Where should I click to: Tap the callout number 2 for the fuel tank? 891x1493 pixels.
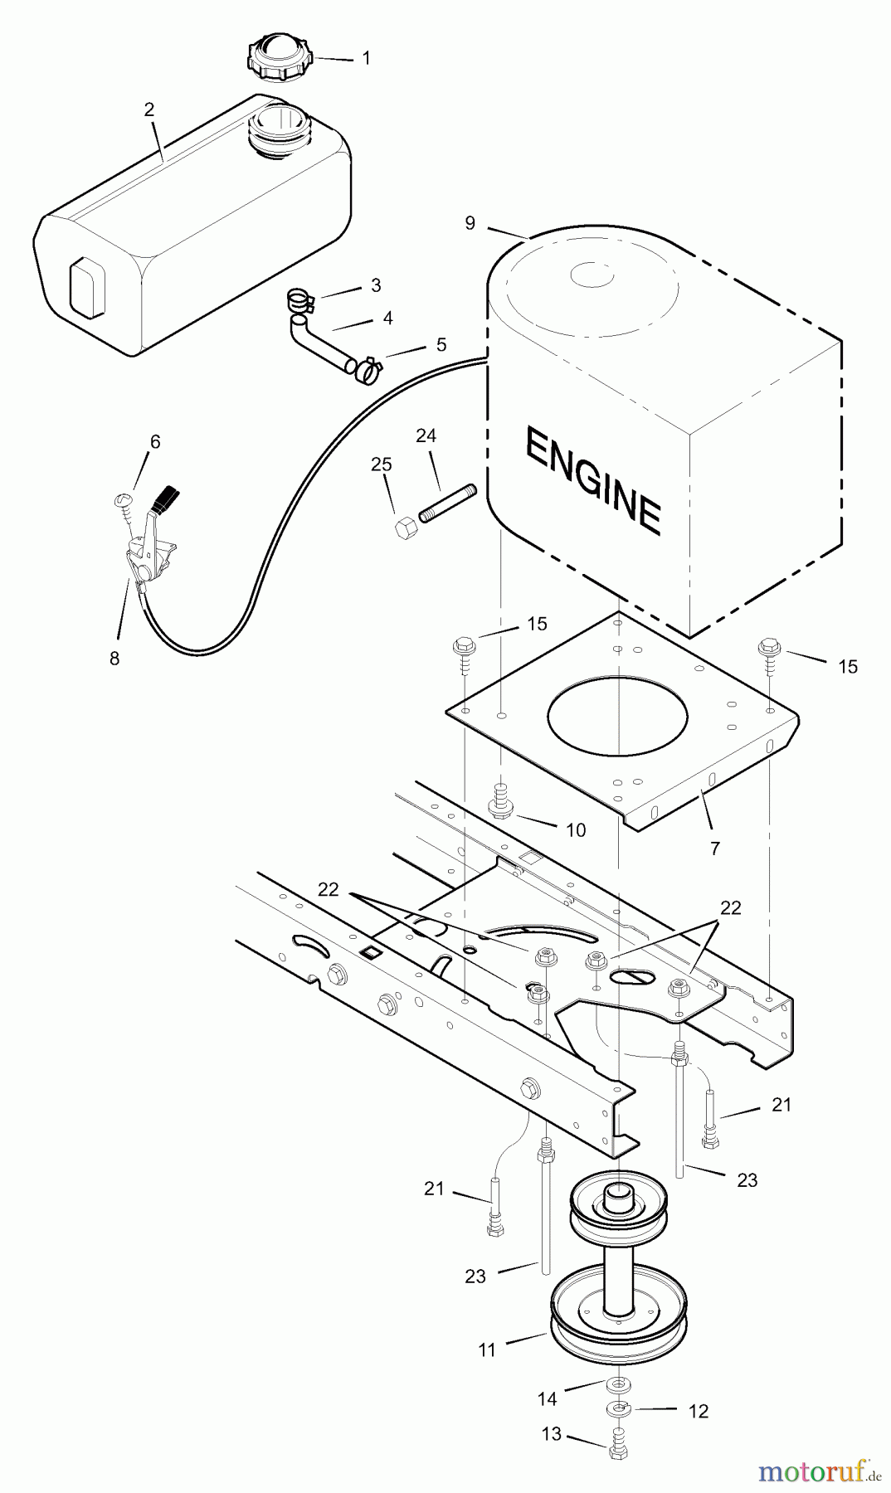pos(149,109)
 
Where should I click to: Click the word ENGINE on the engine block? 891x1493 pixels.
pos(593,479)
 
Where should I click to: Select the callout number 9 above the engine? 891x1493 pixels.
pos(470,223)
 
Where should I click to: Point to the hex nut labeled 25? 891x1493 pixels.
pos(404,528)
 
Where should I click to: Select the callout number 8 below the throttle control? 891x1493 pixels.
pos(114,659)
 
